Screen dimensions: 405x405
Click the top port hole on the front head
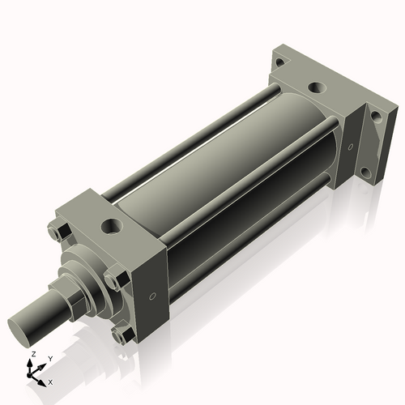(x=109, y=223)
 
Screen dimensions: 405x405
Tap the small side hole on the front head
(x=151, y=296)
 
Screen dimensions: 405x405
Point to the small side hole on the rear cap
(x=350, y=148)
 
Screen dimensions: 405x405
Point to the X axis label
(x=50, y=381)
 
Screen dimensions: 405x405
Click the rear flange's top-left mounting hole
(x=279, y=62)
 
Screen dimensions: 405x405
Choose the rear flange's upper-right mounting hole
(x=374, y=116)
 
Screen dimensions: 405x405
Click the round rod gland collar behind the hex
(x=89, y=271)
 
